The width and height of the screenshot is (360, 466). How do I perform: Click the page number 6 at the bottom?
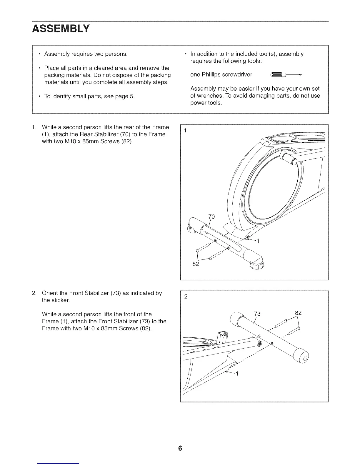pos(180,448)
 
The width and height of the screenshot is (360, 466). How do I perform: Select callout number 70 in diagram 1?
pos(211,217)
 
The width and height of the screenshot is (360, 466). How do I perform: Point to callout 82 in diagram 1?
pos(196,264)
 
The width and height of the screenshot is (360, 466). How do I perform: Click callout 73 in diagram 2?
pos(257,314)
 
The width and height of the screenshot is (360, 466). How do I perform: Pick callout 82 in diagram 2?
pos(298,313)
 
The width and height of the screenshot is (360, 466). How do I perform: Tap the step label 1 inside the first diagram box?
pos(185,130)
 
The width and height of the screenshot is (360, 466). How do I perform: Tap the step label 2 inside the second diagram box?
pos(186,297)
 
